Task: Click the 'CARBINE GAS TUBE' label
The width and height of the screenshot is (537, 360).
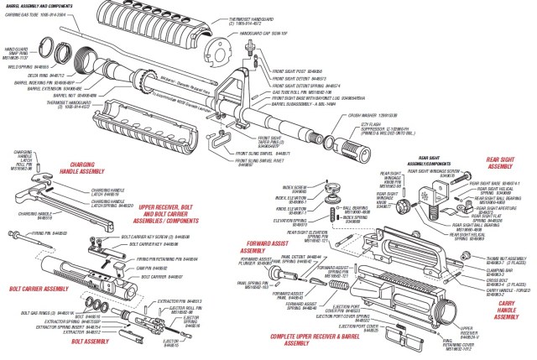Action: click(x=43, y=16)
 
